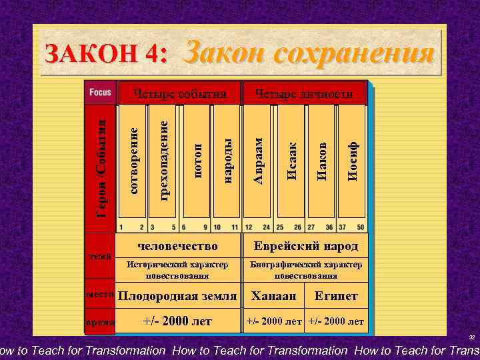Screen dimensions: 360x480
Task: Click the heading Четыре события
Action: pos(178,93)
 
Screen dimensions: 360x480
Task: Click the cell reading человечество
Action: pos(178,245)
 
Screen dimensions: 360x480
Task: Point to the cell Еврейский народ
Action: pos(305,246)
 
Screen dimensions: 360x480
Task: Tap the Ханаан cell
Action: pos(273,295)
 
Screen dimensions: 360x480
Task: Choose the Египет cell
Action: pos(337,295)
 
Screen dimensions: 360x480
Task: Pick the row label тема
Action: pos(101,255)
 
